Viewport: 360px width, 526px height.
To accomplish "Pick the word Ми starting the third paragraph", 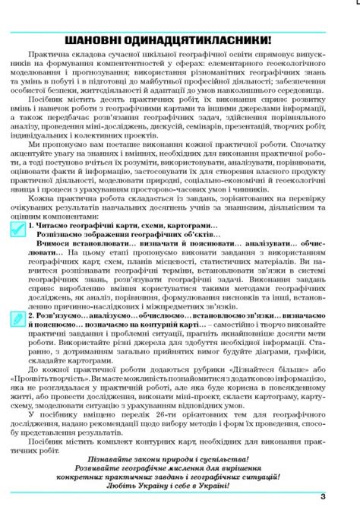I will (33, 165).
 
